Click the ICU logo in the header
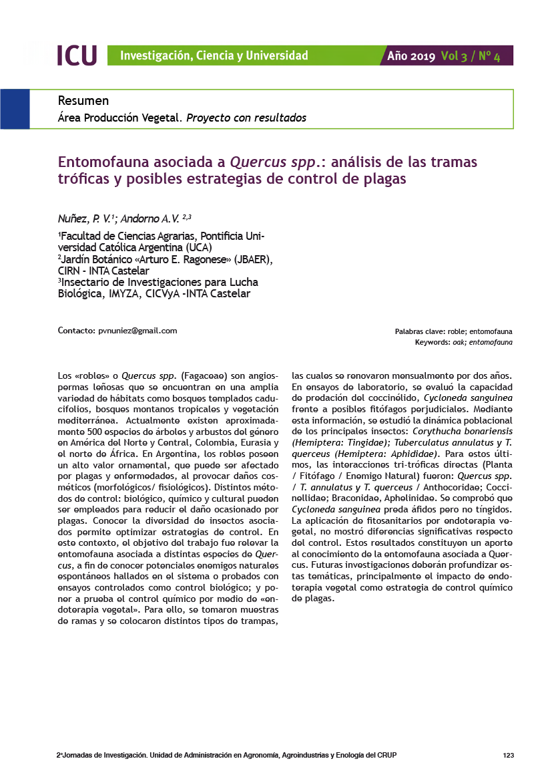pos(77,55)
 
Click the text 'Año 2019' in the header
pos(411,56)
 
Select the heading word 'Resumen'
pos(83,101)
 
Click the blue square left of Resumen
pos(15,109)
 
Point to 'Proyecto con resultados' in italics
pos(246,118)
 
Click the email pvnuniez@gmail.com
pos(137,331)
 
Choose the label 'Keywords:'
pos(432,342)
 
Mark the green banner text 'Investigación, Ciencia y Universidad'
pos(214,55)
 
